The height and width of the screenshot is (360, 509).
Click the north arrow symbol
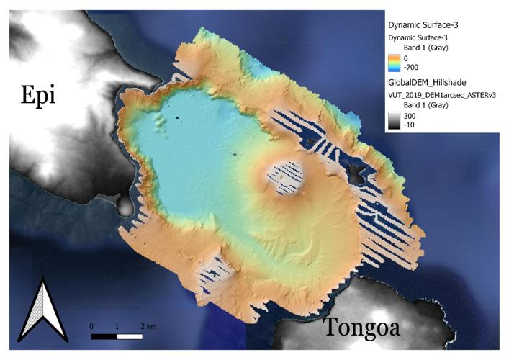tap(40, 311)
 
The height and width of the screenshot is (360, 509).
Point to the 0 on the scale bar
tap(91, 326)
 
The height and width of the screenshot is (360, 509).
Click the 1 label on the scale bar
tap(117, 326)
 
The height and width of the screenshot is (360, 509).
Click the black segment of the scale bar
tap(104, 336)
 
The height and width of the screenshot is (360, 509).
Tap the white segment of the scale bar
tap(129, 336)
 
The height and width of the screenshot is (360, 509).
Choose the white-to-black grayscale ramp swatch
tap(394, 120)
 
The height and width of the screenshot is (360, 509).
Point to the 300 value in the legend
tap(411, 115)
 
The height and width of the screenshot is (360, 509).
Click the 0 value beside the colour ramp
tap(407, 58)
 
